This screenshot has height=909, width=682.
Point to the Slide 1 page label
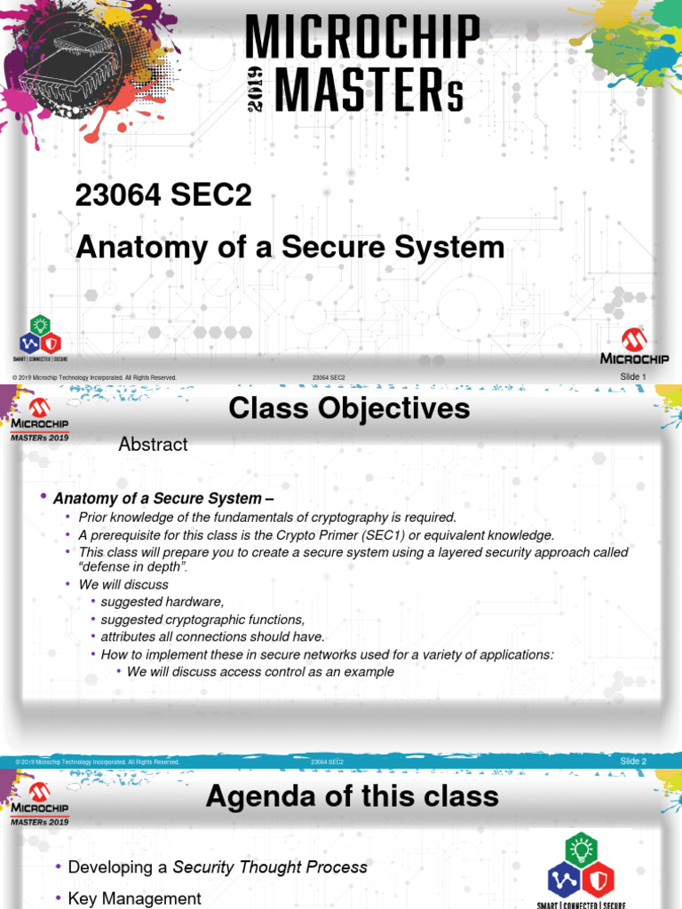[x=633, y=377]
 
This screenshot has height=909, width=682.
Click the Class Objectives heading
[x=349, y=409]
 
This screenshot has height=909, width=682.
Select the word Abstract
[x=153, y=445]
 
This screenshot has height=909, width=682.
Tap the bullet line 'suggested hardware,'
[x=162, y=602]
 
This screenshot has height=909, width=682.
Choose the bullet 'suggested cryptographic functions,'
[x=202, y=620]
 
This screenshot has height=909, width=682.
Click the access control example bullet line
[x=260, y=672]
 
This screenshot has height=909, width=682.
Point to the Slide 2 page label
[x=633, y=762]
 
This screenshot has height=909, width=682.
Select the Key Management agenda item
[x=135, y=898]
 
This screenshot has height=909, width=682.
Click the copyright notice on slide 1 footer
[x=94, y=378]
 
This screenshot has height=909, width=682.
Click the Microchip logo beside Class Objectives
[x=39, y=415]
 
